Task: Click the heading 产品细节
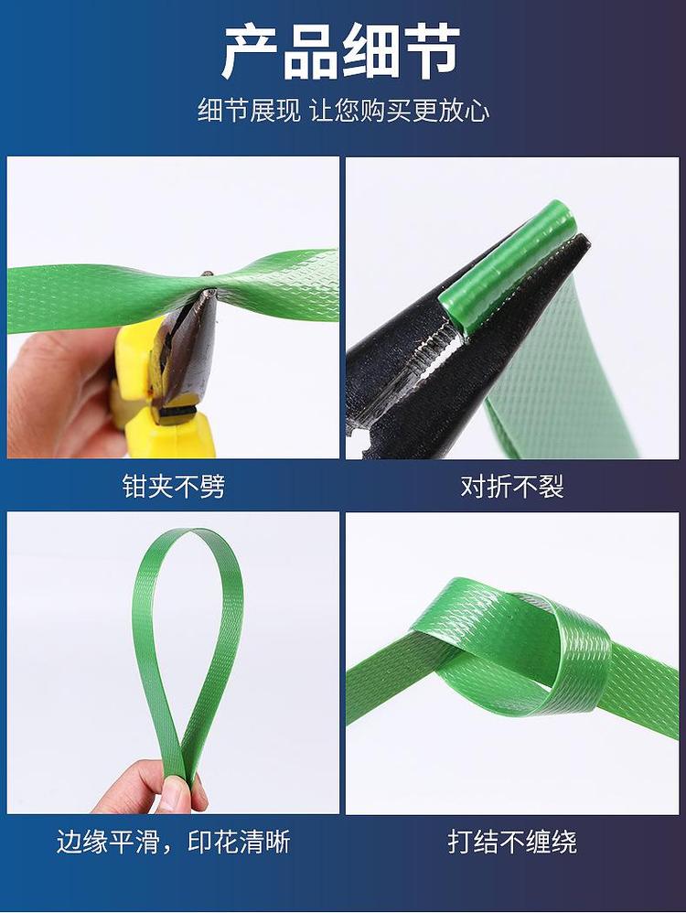[342, 53]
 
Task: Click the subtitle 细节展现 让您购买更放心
[343, 111]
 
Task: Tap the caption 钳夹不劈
[173, 486]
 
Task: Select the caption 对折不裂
[512, 486]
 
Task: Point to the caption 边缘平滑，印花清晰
[173, 842]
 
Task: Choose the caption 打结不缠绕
[512, 842]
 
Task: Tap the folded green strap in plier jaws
[507, 269]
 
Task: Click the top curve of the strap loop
[191, 534]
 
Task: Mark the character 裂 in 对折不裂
[551, 486]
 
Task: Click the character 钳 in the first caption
[134, 486]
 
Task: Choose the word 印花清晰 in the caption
[239, 842]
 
